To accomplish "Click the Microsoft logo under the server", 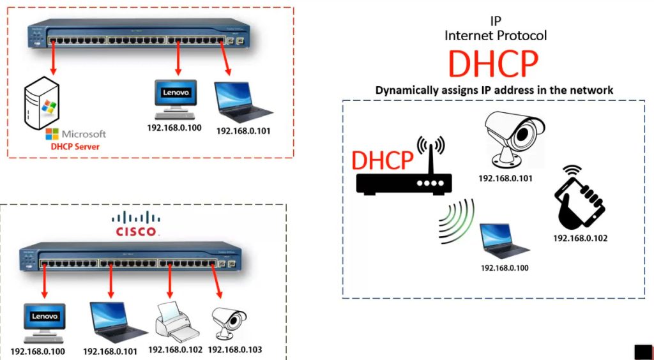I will click(75, 134).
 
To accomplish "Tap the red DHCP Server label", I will click(75, 147).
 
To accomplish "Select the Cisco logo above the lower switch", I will click(135, 224).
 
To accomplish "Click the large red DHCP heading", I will click(493, 63).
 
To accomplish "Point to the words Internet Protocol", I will click(496, 36).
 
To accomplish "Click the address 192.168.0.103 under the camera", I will click(235, 350).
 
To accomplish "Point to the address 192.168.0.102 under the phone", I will click(580, 238).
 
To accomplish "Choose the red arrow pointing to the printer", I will click(169, 279).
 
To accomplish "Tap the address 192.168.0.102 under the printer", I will click(175, 350).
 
